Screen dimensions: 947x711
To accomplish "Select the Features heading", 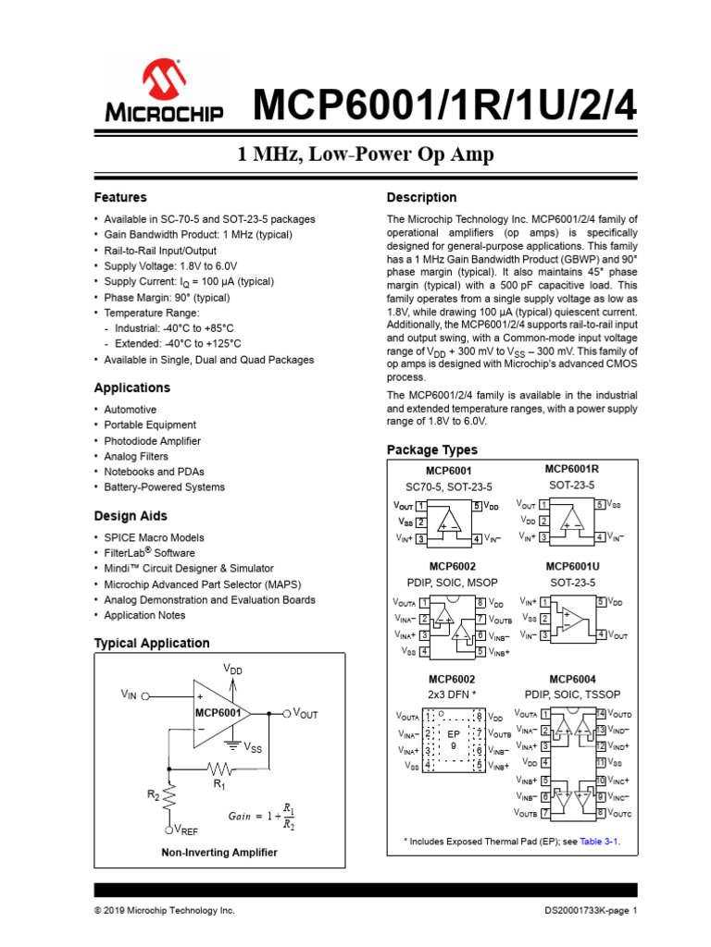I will pyautogui.click(x=120, y=197).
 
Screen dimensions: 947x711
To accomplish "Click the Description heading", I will pyautogui.click(x=421, y=197).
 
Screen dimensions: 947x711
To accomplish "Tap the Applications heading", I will pyautogui.click(x=132, y=387).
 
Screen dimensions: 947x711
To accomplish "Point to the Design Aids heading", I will pyautogui.click(x=131, y=516).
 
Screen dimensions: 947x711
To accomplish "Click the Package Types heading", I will pyautogui.click(x=432, y=449).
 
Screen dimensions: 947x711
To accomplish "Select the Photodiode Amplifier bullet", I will pyautogui.click(x=152, y=441).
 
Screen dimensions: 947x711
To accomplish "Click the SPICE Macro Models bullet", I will pyautogui.click(x=154, y=537).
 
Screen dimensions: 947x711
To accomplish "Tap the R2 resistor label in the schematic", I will pyautogui.click(x=154, y=794).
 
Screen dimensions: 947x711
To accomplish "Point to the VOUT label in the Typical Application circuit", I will pyautogui.click(x=305, y=713).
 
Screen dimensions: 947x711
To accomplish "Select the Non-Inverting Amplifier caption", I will pyautogui.click(x=218, y=852).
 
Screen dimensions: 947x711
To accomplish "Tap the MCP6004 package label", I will pyautogui.click(x=571, y=678).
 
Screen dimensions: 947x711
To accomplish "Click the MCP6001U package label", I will pyautogui.click(x=571, y=566).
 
